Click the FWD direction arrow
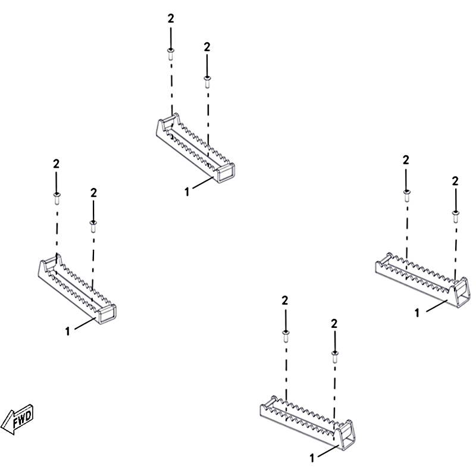18,419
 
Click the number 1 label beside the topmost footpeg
187,191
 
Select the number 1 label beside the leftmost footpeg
68,331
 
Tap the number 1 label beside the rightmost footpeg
417,312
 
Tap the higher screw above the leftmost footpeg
57,196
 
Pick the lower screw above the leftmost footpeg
93,225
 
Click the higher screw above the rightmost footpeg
406,193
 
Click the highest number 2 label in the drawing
171,18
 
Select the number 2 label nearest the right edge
455,180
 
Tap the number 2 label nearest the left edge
56,163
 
